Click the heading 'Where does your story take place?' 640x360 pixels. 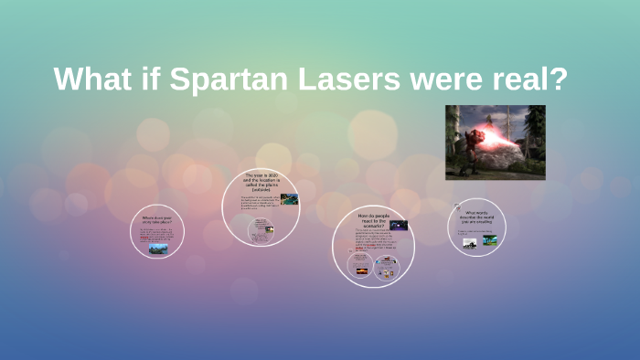[x=157, y=219]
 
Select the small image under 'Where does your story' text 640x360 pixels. [x=158, y=248]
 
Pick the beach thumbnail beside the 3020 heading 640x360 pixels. [x=290, y=198]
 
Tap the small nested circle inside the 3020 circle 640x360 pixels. [x=264, y=228]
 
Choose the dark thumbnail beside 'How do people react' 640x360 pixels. [x=399, y=225]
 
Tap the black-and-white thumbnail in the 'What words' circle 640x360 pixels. [x=470, y=242]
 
